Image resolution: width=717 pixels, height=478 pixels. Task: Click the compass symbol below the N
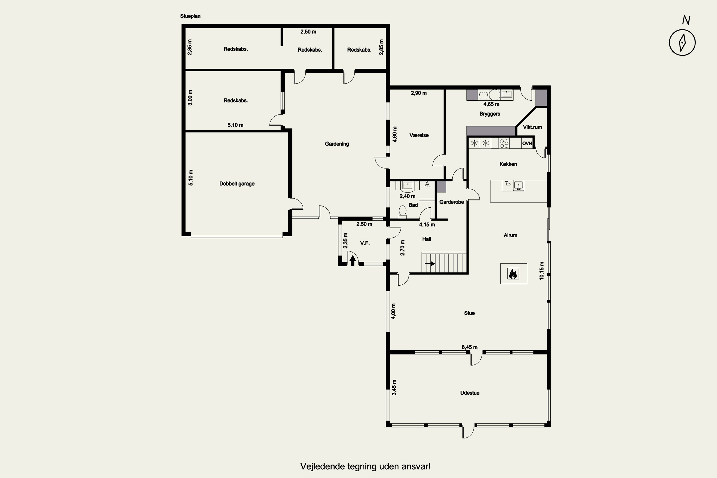[682, 42]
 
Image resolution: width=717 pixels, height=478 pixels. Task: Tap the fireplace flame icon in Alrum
[513, 274]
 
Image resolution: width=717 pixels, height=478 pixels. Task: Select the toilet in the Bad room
[403, 212]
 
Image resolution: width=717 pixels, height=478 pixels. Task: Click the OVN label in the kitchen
[527, 143]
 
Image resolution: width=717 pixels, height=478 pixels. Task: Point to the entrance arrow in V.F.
[353, 261]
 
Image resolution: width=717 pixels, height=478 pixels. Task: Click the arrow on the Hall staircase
[430, 264]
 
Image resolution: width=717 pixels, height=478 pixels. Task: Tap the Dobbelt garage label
[237, 184]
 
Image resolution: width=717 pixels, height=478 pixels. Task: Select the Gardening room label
[337, 144]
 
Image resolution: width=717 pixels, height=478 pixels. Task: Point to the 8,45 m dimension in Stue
[469, 347]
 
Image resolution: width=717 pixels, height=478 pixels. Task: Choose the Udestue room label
[470, 393]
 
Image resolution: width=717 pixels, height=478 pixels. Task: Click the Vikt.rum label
[532, 127]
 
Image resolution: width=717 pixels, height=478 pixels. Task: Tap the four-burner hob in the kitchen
[504, 143]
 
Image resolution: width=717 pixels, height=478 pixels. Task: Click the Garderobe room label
[451, 202]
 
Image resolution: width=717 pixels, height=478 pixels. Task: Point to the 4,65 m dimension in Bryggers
[491, 104]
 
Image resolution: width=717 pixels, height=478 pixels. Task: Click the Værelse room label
[419, 135]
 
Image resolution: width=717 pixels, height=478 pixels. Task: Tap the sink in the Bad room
[407, 186]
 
